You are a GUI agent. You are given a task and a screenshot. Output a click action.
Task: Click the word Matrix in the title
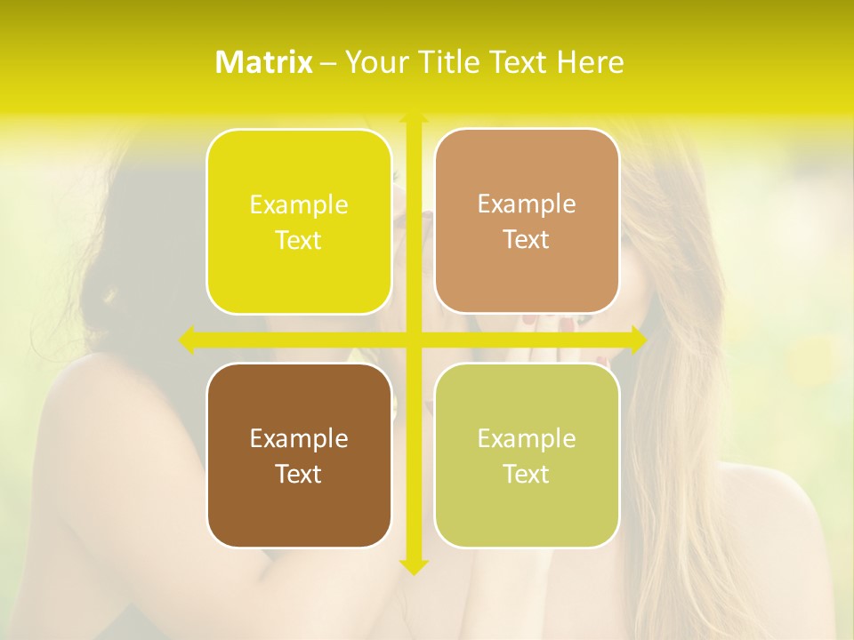[x=264, y=62]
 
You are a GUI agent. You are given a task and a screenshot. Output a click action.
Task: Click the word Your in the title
[x=375, y=62]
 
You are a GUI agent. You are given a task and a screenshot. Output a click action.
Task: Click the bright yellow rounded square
[x=299, y=221]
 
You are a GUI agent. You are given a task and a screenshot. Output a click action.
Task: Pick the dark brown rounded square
[x=299, y=455]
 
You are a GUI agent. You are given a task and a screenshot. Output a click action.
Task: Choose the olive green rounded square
[x=527, y=455]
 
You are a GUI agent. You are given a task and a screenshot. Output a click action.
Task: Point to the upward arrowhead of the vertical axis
[x=414, y=117]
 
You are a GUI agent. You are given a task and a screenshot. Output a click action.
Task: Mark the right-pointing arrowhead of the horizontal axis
[x=638, y=340]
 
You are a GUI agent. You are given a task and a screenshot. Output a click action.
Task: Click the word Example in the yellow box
[x=299, y=205]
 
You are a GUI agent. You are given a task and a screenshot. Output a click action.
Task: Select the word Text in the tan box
[x=527, y=240]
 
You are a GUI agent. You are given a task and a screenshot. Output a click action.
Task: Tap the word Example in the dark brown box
[x=299, y=439]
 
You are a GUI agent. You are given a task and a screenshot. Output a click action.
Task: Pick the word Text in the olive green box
[x=527, y=475]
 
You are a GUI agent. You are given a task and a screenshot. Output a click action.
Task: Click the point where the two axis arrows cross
[x=414, y=340]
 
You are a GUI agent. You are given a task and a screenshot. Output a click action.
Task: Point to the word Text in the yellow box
[x=299, y=241]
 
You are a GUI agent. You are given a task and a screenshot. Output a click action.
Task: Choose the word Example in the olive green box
[x=527, y=439]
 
